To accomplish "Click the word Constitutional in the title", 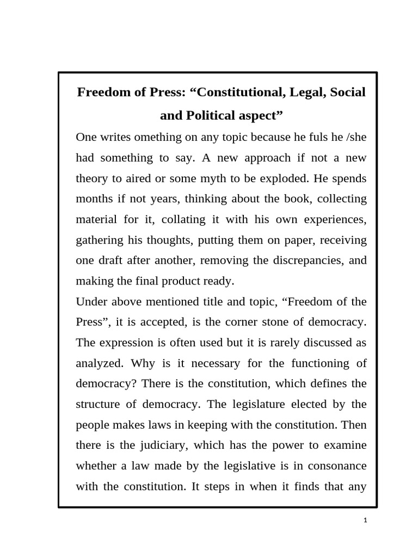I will coord(238,92).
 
